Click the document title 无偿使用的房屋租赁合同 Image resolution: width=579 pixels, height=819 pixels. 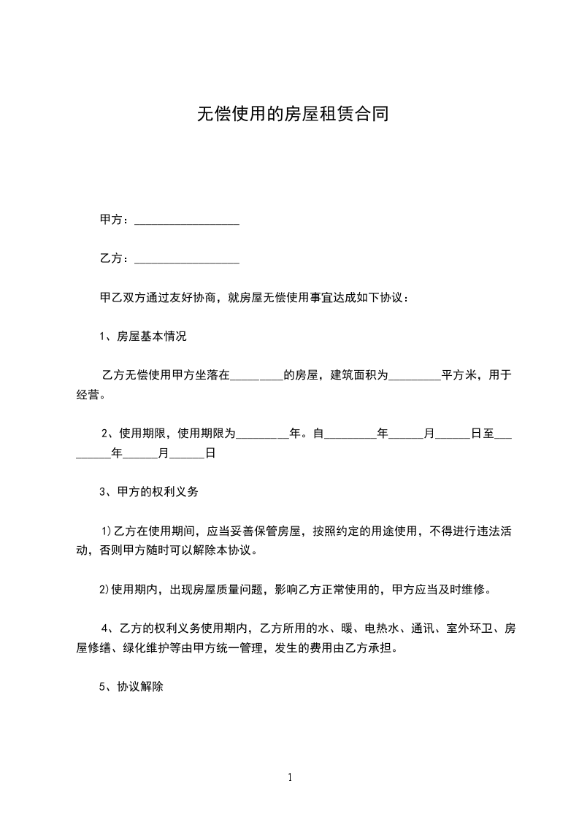click(289, 115)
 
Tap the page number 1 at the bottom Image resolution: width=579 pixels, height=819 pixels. click(290, 778)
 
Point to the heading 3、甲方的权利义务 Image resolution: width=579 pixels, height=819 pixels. click(149, 492)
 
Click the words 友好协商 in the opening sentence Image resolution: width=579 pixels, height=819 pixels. click(192, 298)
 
